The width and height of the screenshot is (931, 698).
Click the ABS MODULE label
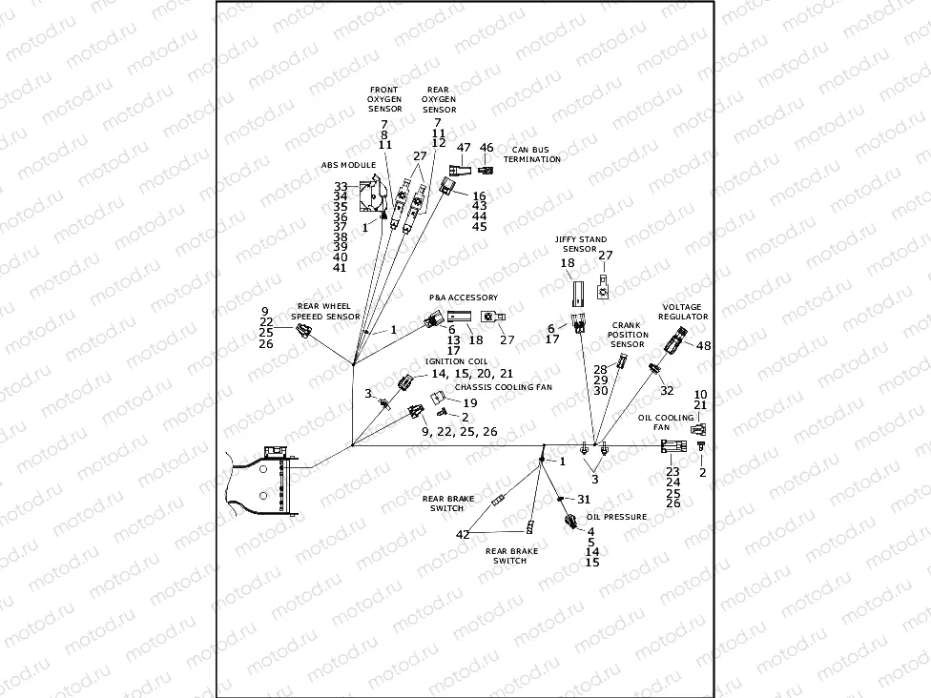(x=350, y=165)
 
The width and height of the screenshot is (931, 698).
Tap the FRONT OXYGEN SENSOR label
(x=385, y=99)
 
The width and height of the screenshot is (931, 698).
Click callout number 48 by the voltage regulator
(x=704, y=345)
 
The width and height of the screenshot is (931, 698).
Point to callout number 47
(x=465, y=149)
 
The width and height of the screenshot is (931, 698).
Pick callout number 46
(x=486, y=148)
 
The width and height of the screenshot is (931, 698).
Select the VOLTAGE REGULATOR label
(x=684, y=312)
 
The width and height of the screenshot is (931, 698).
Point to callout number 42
(x=463, y=535)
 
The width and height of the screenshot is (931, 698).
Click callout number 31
(x=584, y=499)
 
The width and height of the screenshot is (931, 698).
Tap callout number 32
(x=667, y=390)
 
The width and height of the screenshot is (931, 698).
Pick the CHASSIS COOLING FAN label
(x=503, y=387)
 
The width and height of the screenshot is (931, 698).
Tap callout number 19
(x=469, y=402)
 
